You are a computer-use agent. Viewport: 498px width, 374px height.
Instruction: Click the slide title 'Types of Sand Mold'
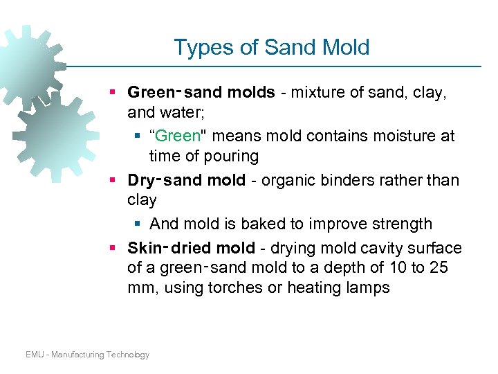271,47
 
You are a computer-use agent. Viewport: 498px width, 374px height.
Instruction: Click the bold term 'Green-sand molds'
201,93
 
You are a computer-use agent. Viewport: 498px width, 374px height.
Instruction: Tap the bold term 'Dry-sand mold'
186,181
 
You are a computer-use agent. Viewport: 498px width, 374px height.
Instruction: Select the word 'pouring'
230,156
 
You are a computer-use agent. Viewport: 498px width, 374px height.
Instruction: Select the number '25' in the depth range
439,267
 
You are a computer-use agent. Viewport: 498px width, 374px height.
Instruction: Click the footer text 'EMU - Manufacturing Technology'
87,355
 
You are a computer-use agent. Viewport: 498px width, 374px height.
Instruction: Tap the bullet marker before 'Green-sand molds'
113,93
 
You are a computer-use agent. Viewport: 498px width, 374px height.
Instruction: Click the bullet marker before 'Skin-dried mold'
113,248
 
